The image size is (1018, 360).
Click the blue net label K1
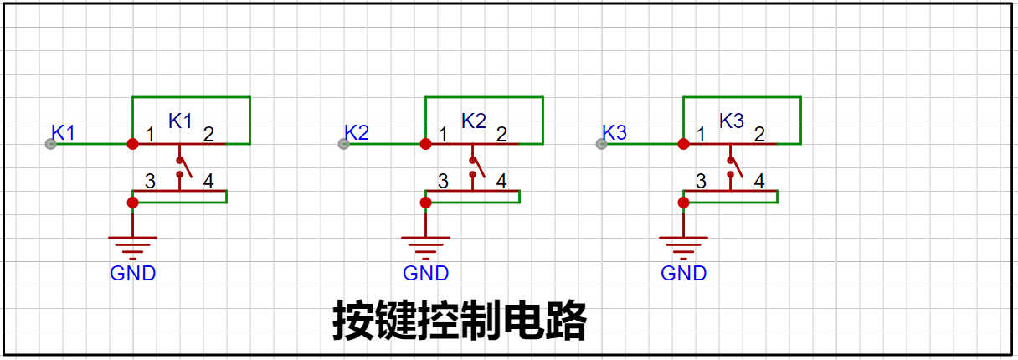pyautogui.click(x=64, y=132)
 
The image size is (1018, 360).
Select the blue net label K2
pyautogui.click(x=357, y=132)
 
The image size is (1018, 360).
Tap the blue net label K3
pyautogui.click(x=614, y=132)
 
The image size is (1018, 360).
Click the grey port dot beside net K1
pyautogui.click(x=50, y=144)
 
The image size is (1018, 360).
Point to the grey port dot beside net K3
pyautogui.click(x=601, y=144)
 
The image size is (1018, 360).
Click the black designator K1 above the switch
pyautogui.click(x=180, y=121)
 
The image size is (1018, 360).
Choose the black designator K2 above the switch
pyautogui.click(x=473, y=121)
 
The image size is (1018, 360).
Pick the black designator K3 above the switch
pyautogui.click(x=732, y=121)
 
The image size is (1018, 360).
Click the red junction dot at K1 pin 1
pyautogui.click(x=132, y=144)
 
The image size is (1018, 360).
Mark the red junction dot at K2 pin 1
pyautogui.click(x=425, y=144)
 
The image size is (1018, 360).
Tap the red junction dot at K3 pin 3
pyautogui.click(x=683, y=202)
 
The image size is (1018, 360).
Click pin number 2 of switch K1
pyautogui.click(x=208, y=134)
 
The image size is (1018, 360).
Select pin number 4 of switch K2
pyautogui.click(x=501, y=181)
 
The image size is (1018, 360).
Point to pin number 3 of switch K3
pyautogui.click(x=701, y=181)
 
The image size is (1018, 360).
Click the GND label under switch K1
pyautogui.click(x=133, y=273)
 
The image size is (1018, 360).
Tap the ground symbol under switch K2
pyautogui.click(x=425, y=246)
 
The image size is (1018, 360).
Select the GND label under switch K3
pyautogui.click(x=684, y=273)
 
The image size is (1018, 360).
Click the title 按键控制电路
pyautogui.click(x=460, y=321)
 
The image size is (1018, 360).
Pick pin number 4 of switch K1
pyautogui.click(x=208, y=181)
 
